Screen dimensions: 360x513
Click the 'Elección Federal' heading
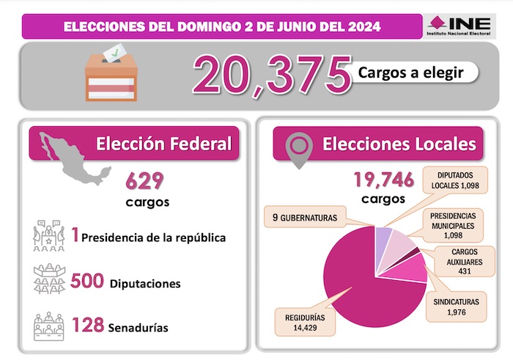pyautogui.click(x=163, y=143)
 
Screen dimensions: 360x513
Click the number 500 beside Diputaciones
pyautogui.click(x=87, y=282)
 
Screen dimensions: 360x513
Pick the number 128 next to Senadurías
pyautogui.click(x=86, y=326)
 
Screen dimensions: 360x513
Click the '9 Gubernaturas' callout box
pyautogui.click(x=306, y=217)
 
